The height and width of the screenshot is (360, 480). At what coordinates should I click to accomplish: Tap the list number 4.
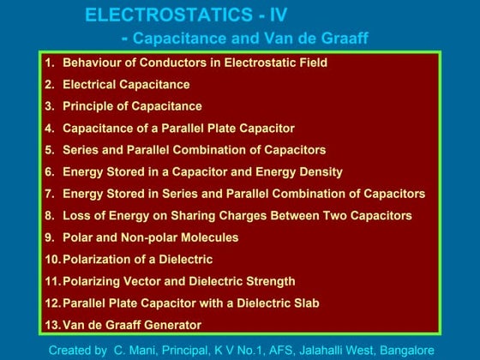(x=50, y=129)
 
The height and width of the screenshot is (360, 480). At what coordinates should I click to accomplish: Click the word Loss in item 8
(x=76, y=216)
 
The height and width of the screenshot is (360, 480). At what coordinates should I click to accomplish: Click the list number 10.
(x=52, y=260)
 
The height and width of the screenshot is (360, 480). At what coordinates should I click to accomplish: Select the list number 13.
(x=52, y=326)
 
